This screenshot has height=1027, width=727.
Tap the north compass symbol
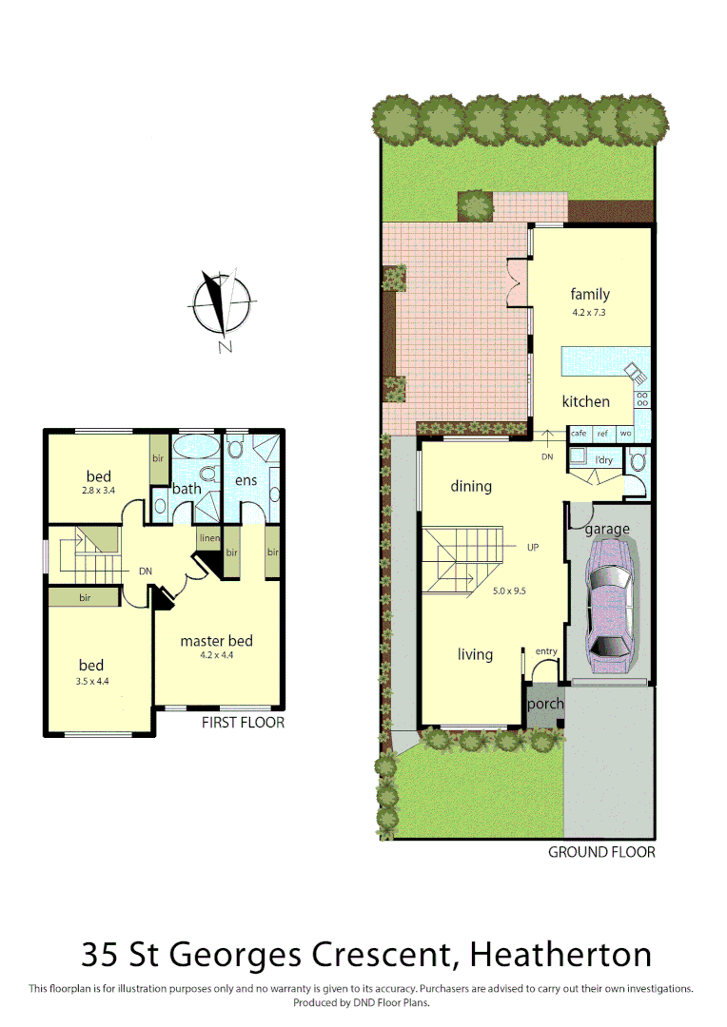click(223, 305)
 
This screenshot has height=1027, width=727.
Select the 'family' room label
click(590, 294)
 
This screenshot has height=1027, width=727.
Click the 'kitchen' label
click(585, 401)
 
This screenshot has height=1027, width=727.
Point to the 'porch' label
click(545, 705)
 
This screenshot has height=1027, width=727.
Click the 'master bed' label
click(216, 640)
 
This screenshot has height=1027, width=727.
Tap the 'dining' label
click(471, 486)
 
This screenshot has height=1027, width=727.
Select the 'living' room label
click(475, 654)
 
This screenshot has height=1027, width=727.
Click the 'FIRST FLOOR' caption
click(243, 723)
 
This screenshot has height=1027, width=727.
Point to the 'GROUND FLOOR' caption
click(601, 852)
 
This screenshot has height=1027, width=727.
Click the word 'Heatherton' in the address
click(561, 954)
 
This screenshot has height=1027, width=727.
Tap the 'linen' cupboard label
click(209, 538)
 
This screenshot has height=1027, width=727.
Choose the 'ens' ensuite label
click(246, 481)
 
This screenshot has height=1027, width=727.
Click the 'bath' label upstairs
click(187, 489)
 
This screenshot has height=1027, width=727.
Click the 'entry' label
click(546, 650)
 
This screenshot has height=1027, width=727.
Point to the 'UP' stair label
click(533, 548)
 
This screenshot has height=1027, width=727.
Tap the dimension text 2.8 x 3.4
click(98, 492)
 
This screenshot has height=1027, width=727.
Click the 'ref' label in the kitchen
click(601, 433)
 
